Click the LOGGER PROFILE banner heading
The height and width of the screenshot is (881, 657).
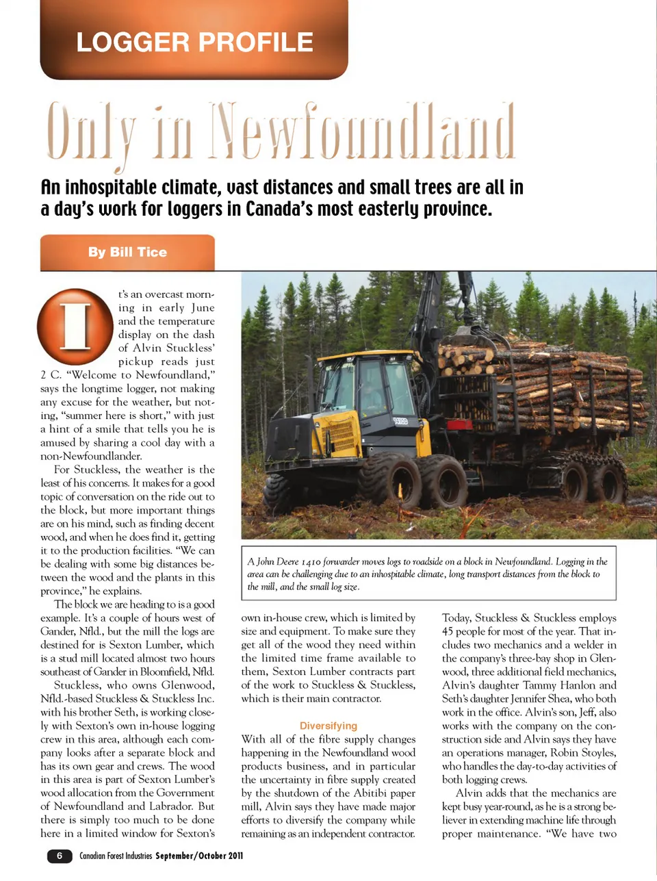[194, 42]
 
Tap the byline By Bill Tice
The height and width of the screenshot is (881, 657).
[127, 252]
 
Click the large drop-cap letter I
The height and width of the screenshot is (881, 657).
[75, 327]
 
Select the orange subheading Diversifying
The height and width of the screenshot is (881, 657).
[328, 726]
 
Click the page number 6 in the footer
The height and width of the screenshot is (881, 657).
[60, 856]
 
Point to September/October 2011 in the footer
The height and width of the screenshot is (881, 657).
[199, 856]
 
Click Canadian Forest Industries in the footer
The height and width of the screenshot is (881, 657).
[116, 856]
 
